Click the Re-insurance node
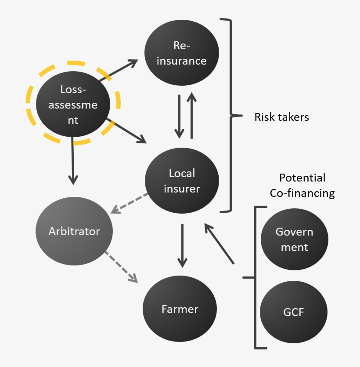(x=181, y=53)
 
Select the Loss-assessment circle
(x=73, y=104)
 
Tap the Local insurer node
(x=182, y=181)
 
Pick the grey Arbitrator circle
(x=74, y=231)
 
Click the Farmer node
(x=180, y=309)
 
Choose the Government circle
(x=294, y=240)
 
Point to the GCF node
(x=294, y=312)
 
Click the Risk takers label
(x=281, y=117)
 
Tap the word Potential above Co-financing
(x=302, y=178)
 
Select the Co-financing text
(x=302, y=193)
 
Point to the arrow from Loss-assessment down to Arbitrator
(x=73, y=160)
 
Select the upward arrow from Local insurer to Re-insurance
(x=191, y=115)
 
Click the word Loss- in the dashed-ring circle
(x=73, y=90)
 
